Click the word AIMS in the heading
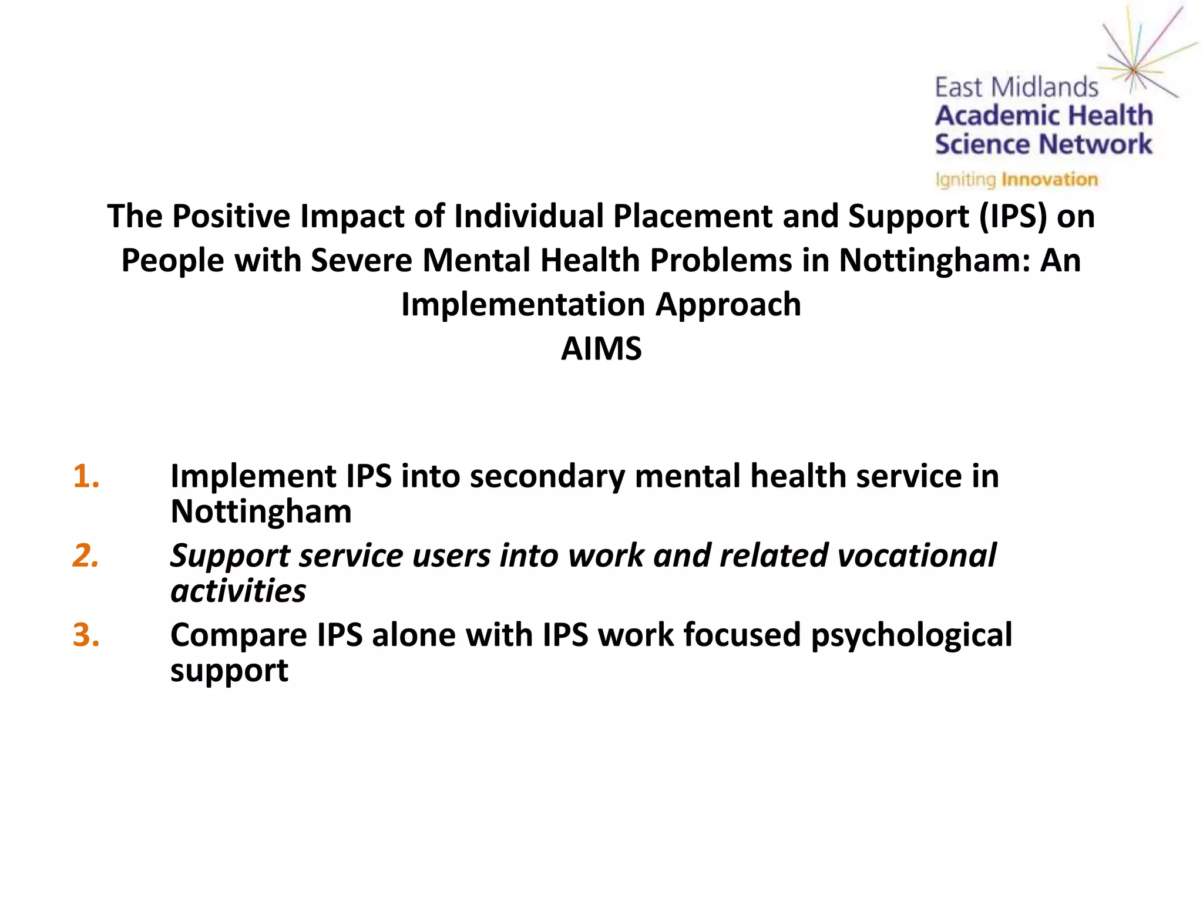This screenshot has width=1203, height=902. click(601, 349)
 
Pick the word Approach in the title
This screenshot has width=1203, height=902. click(728, 305)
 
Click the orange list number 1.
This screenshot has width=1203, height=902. click(86, 476)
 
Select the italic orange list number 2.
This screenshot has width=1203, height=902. click(86, 556)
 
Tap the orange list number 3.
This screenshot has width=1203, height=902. click(86, 635)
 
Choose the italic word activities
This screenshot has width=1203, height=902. click(238, 591)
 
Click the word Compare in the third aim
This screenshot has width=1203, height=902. click(238, 636)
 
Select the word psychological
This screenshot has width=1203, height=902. click(911, 636)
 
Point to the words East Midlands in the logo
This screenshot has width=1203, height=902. click(1016, 88)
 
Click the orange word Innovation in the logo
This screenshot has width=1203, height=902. click(1049, 179)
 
